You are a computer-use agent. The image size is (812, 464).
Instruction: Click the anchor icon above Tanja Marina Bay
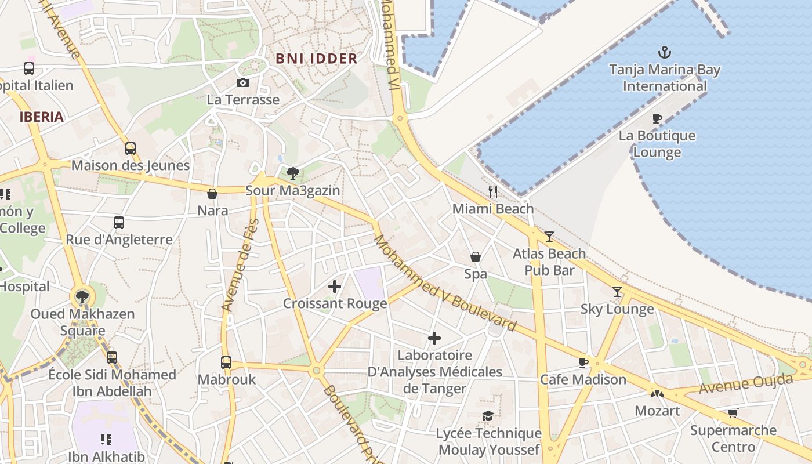(x=664, y=53)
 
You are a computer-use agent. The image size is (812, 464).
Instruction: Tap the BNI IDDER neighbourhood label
(x=316, y=59)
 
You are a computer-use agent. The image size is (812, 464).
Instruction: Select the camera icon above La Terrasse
(x=243, y=83)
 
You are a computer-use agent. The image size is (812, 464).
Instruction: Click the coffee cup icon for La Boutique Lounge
(x=657, y=118)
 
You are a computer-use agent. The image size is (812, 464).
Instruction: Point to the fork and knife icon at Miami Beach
(x=493, y=191)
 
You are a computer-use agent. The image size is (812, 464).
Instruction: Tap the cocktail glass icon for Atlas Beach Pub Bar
(x=549, y=237)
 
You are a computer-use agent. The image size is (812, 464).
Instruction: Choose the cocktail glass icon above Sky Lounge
(x=617, y=292)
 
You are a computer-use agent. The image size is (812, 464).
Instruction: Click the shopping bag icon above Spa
(x=475, y=257)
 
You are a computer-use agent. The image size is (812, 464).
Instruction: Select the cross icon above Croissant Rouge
(x=335, y=286)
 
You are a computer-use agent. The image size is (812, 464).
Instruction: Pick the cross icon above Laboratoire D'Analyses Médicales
(x=434, y=338)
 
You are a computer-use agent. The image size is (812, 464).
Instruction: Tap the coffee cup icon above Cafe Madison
(x=583, y=362)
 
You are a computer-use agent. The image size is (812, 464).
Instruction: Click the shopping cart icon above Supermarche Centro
(x=733, y=414)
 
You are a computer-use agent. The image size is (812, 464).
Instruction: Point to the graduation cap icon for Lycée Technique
(x=488, y=416)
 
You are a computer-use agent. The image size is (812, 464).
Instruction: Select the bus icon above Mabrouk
(x=226, y=362)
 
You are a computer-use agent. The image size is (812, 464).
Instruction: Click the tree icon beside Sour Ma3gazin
(x=293, y=173)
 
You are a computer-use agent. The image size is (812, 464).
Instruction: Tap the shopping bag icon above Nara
(x=212, y=194)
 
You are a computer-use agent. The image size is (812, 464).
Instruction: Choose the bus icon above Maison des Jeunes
(x=130, y=148)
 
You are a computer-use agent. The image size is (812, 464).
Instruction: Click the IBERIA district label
(x=41, y=117)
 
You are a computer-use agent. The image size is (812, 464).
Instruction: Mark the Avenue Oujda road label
(x=745, y=384)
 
